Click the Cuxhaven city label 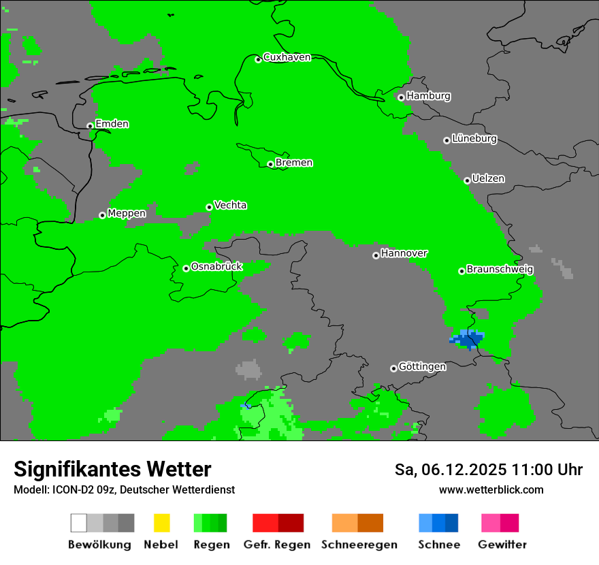point(287,57)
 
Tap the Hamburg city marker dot point(401,97)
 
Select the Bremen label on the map point(294,163)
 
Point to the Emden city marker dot point(90,126)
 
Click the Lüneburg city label point(474,139)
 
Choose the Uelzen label point(489,179)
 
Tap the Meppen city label point(127,214)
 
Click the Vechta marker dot point(209,207)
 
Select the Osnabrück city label point(216,267)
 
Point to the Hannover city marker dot point(376,255)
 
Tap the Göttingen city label point(422,367)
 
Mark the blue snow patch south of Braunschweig point(468,338)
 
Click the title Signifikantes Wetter point(112,469)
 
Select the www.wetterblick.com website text point(491,489)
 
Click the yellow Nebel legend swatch point(161,523)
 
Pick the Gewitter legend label point(502,545)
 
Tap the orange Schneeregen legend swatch point(357,523)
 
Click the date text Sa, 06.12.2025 point(451,470)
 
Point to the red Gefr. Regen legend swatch point(278,523)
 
